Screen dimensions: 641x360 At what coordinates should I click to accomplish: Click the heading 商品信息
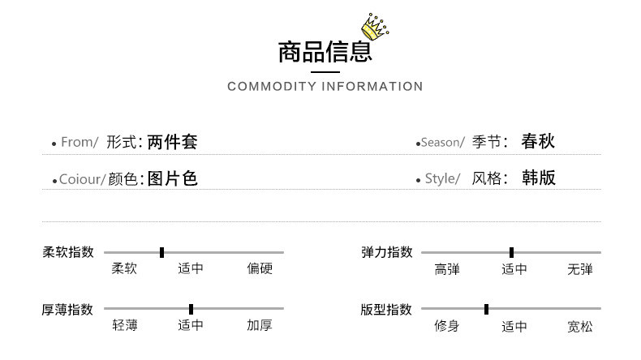click(x=325, y=53)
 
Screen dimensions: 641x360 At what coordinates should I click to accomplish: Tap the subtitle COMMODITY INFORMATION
click(x=325, y=87)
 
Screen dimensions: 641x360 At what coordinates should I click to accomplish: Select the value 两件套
click(x=173, y=142)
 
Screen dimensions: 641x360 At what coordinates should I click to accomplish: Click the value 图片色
click(x=173, y=178)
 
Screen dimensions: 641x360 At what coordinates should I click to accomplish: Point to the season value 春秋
click(x=538, y=142)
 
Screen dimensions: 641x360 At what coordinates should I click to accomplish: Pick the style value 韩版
click(x=538, y=178)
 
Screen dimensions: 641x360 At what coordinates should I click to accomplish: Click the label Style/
click(x=442, y=179)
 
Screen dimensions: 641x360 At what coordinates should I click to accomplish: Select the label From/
click(x=80, y=143)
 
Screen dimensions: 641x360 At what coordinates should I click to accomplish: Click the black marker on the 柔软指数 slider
click(x=162, y=252)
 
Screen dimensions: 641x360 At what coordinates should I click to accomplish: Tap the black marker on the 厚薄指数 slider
click(x=191, y=309)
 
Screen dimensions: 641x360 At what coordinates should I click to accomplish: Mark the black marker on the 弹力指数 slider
click(x=511, y=252)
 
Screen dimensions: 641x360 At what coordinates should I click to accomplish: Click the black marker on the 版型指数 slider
click(x=486, y=309)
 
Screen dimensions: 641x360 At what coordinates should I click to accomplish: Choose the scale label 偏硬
click(x=260, y=269)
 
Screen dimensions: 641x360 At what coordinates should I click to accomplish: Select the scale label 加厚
click(x=260, y=326)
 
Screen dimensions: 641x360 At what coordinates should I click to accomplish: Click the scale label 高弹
click(x=447, y=269)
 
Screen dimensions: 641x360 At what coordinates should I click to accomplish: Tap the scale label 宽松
click(x=580, y=327)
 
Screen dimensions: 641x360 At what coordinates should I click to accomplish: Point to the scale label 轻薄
click(x=125, y=326)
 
